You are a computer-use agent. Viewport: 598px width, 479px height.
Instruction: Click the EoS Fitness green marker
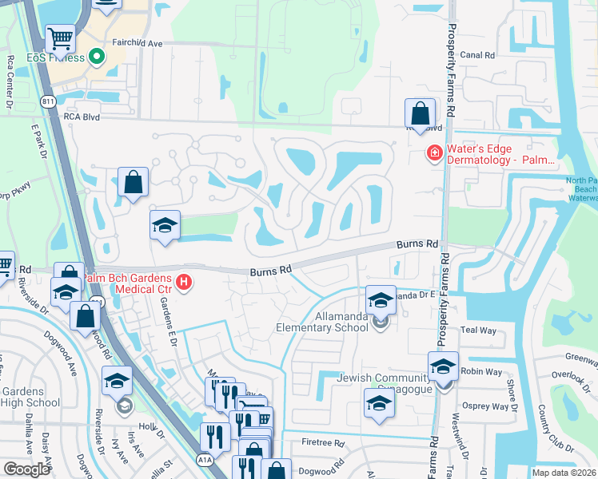[97, 57]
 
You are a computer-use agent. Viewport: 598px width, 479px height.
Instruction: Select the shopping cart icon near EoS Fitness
[60, 38]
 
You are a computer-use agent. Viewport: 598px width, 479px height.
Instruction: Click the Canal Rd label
[479, 55]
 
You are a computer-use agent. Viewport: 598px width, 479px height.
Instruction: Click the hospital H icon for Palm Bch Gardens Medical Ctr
[185, 282]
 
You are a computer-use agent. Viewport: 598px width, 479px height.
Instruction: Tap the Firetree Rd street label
[323, 442]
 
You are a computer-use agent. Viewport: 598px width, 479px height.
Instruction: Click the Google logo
[26, 469]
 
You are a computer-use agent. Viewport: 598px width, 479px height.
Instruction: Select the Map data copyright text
[563, 473]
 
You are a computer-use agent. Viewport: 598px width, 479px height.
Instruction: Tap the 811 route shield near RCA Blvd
[49, 101]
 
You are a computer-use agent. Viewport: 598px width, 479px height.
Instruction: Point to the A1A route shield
[205, 459]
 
